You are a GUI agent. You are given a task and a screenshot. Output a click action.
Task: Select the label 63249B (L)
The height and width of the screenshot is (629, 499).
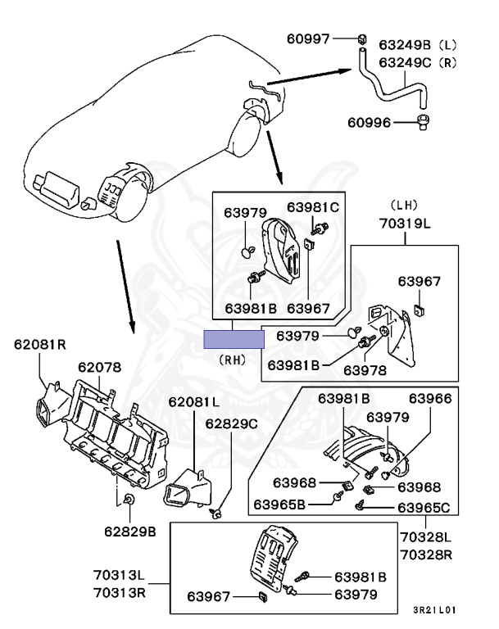point(418,44)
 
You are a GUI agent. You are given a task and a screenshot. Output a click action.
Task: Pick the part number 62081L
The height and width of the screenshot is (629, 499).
point(195,402)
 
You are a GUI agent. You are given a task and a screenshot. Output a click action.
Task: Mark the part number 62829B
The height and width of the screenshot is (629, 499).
point(129,532)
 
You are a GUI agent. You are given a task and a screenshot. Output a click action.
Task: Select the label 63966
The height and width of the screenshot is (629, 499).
point(431,399)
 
